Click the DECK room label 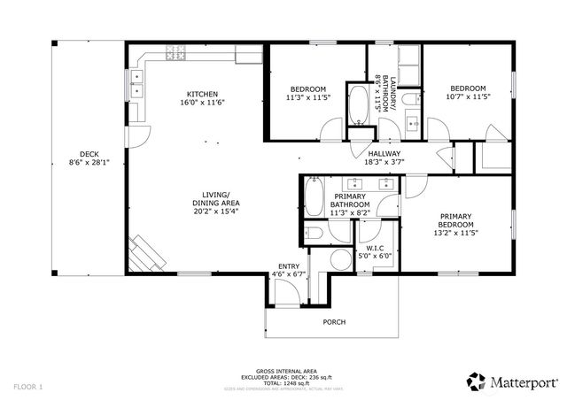pyautogui.click(x=87, y=152)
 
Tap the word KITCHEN pyautogui.click(x=202, y=95)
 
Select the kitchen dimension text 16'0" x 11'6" pyautogui.click(x=202, y=104)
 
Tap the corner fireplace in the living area pyautogui.click(x=146, y=255)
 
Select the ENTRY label pyautogui.click(x=288, y=265)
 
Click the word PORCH pyautogui.click(x=333, y=321)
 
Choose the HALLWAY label pyautogui.click(x=384, y=153)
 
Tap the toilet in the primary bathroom pyautogui.click(x=313, y=234)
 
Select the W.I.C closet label pyautogui.click(x=374, y=248)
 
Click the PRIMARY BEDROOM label pyautogui.click(x=454, y=219)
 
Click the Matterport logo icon pyautogui.click(x=476, y=381)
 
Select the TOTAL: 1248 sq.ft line pyautogui.click(x=280, y=382)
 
